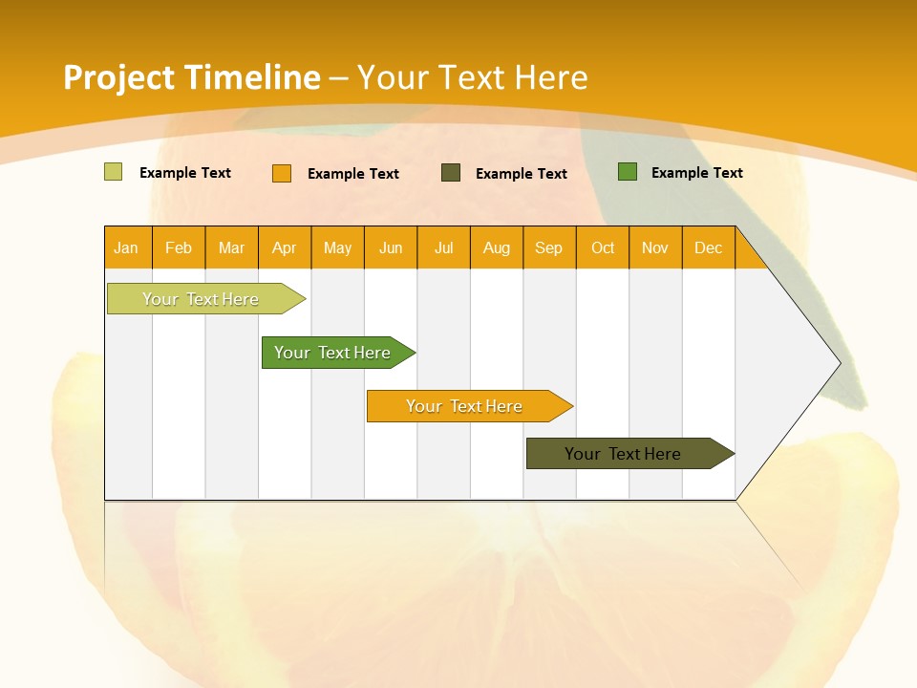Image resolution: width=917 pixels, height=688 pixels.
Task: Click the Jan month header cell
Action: pyautogui.click(x=127, y=247)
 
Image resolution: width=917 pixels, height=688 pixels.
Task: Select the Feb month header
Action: pyautogui.click(x=179, y=247)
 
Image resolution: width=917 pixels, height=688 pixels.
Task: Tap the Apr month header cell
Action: pyautogui.click(x=285, y=247)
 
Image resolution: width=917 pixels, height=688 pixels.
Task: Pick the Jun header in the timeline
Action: pyautogui.click(x=391, y=247)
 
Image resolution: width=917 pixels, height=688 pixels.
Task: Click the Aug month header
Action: pyautogui.click(x=497, y=247)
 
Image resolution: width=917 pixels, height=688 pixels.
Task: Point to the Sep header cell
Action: pyautogui.click(x=549, y=247)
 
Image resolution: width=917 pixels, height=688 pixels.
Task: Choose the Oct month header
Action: pyautogui.click(x=603, y=247)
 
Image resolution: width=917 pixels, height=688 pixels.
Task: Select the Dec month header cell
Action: pyautogui.click(x=709, y=247)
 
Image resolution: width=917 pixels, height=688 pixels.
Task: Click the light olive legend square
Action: pyautogui.click(x=114, y=172)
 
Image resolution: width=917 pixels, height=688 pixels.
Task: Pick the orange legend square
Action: pyautogui.click(x=282, y=173)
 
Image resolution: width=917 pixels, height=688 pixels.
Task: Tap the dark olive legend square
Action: pyautogui.click(x=451, y=173)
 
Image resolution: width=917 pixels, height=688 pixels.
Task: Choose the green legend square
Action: pyautogui.click(x=628, y=172)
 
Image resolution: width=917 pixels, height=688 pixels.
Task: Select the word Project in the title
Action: pyautogui.click(x=117, y=77)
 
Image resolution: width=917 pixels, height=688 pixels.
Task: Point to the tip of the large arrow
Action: pyautogui.click(x=839, y=362)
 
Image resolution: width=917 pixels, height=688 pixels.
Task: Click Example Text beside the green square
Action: pyautogui.click(x=696, y=173)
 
